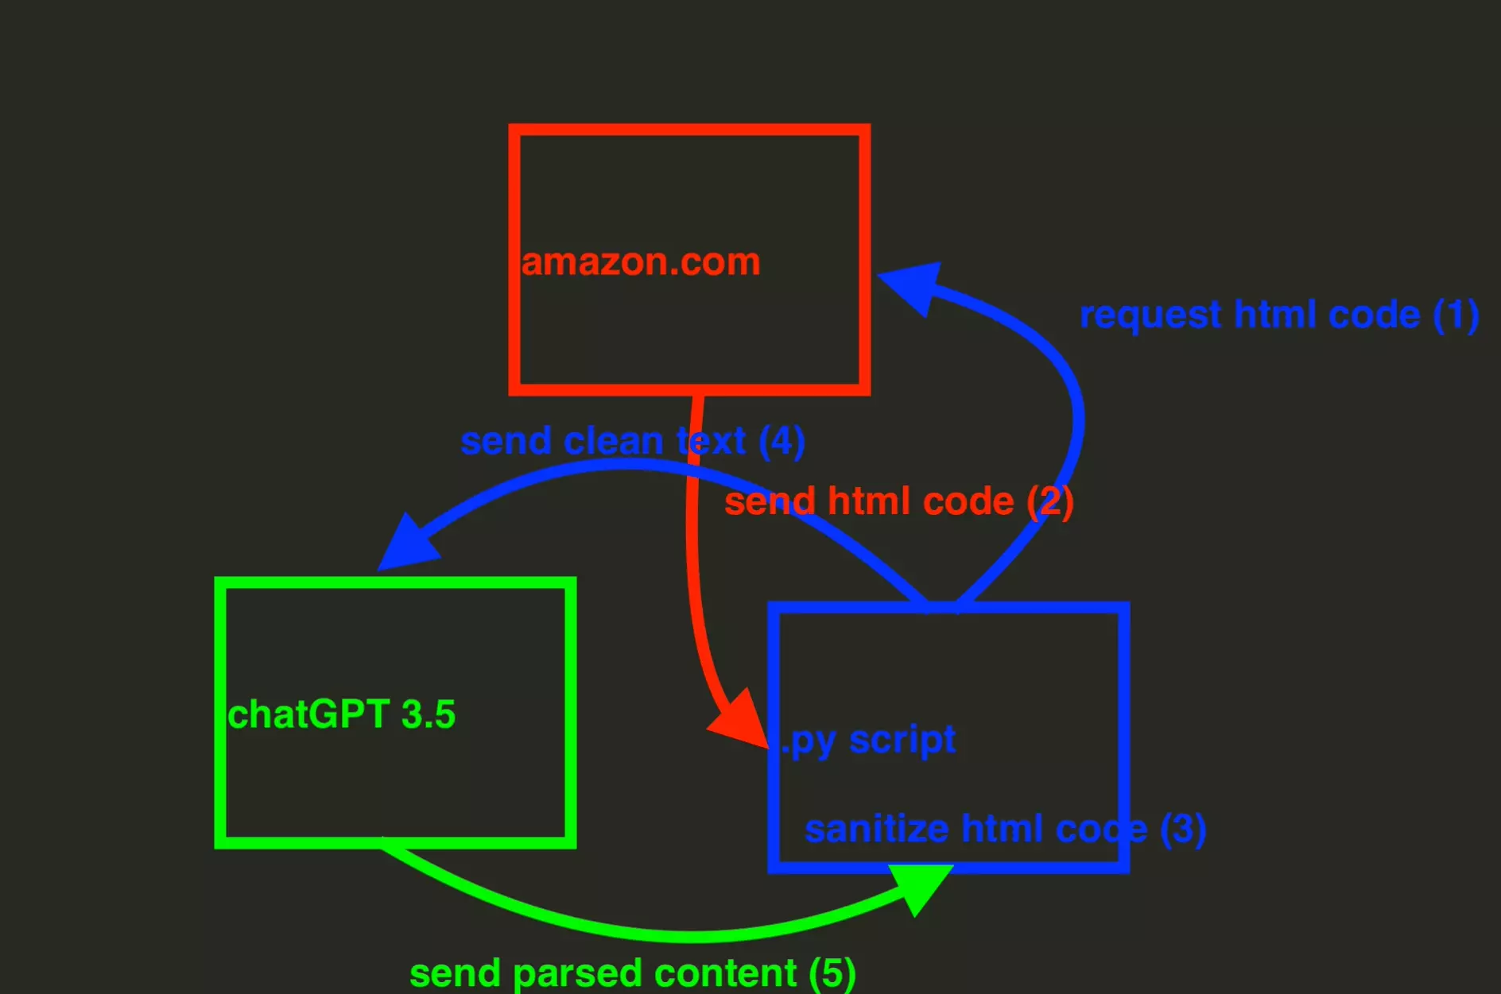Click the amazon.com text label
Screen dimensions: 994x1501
641,262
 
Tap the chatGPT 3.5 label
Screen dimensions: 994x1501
341,714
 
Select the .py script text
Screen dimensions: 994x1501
868,740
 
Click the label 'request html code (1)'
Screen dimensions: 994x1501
1278,315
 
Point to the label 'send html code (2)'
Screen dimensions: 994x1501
898,501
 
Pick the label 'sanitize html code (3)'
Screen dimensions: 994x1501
1005,829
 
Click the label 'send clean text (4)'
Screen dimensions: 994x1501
632,441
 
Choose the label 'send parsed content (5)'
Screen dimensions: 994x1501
632,973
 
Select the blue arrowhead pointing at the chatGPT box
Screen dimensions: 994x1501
407,544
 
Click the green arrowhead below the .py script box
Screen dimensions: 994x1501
920,887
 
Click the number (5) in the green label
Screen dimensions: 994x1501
832,973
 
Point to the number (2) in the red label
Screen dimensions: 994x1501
1049,501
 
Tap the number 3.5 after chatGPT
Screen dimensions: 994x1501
428,714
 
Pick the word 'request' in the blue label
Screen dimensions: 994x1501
1150,315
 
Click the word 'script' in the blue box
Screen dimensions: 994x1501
902,740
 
